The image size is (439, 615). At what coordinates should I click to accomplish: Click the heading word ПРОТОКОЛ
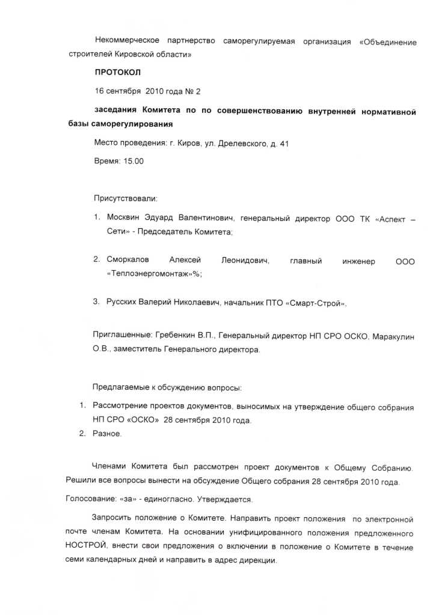(117, 73)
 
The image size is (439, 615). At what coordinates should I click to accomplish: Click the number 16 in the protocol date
(100, 91)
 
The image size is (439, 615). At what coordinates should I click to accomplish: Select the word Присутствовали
(124, 198)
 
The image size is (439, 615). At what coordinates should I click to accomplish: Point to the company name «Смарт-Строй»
(317, 303)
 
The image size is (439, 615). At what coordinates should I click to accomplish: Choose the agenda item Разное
(106, 434)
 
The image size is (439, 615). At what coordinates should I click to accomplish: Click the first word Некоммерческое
(127, 41)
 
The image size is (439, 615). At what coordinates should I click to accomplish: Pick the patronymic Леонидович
(245, 261)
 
